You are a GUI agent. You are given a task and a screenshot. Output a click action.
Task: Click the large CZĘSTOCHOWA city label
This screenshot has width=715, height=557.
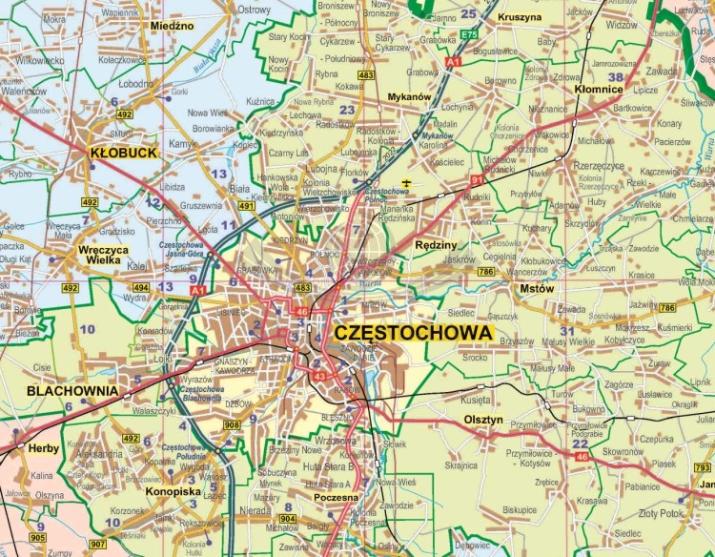pyautogui.click(x=413, y=333)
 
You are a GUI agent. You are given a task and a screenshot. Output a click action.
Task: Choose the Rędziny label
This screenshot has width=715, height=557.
pyautogui.click(x=438, y=244)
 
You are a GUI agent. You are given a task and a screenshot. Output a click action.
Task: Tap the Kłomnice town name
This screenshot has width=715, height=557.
pyautogui.click(x=599, y=89)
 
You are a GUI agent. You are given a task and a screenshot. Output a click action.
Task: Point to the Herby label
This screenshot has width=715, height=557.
pyautogui.click(x=43, y=448)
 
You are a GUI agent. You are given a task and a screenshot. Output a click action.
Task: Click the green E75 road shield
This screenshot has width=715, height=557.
pyautogui.click(x=467, y=34)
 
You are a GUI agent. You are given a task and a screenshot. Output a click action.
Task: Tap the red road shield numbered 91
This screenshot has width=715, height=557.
pyautogui.click(x=477, y=178)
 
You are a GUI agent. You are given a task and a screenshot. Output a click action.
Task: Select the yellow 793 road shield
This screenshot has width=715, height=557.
pyautogui.click(x=702, y=467)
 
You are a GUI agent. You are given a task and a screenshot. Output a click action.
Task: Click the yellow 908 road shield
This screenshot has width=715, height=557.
pyautogui.click(x=231, y=424)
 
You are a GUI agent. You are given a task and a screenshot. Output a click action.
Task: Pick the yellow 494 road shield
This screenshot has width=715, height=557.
pyautogui.click(x=140, y=287)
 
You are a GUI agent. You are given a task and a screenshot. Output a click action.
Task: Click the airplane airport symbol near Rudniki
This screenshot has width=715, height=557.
pyautogui.click(x=407, y=181)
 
